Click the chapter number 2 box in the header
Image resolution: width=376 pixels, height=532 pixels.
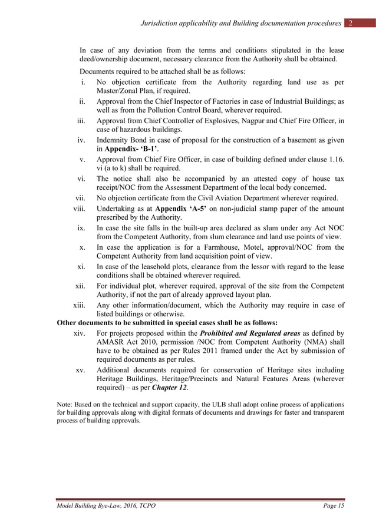[351, 23]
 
